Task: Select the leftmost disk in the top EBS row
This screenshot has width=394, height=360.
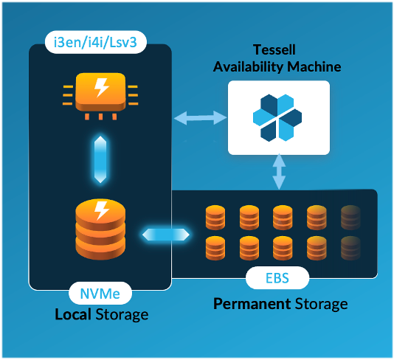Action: (x=215, y=216)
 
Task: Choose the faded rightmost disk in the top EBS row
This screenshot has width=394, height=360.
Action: (x=351, y=216)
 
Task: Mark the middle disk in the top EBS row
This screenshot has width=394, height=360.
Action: (x=283, y=216)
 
